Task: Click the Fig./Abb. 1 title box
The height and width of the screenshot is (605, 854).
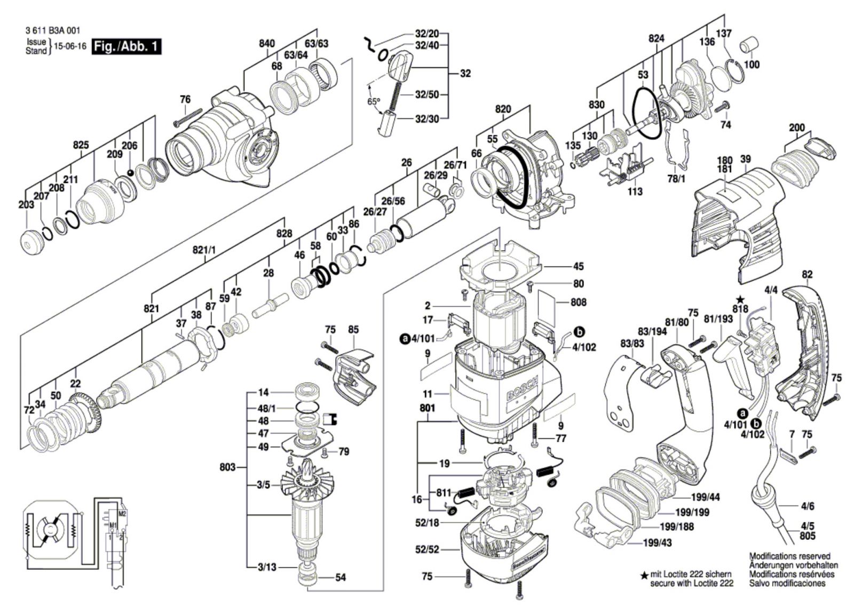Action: pyautogui.click(x=126, y=46)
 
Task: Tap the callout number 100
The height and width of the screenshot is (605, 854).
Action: pyautogui.click(x=752, y=65)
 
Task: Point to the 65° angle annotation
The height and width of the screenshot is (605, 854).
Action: pyautogui.click(x=373, y=101)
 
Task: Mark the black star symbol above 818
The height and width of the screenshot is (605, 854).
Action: pyautogui.click(x=740, y=299)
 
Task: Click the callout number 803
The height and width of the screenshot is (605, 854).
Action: pyautogui.click(x=227, y=467)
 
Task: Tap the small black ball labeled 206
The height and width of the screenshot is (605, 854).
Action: pyautogui.click(x=130, y=172)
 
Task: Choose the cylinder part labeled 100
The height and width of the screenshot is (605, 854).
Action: pyautogui.click(x=749, y=45)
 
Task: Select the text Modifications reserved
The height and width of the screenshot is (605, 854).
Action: pyautogui.click(x=790, y=556)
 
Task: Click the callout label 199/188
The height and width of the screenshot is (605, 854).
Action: pyautogui.click(x=677, y=527)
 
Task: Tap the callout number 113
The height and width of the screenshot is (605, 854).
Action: pyautogui.click(x=635, y=191)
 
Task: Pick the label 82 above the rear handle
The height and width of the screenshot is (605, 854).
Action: pyautogui.click(x=807, y=275)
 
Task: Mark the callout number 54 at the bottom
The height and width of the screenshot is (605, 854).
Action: pyautogui.click(x=341, y=577)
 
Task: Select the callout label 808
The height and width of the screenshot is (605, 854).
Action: pyautogui.click(x=579, y=302)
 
